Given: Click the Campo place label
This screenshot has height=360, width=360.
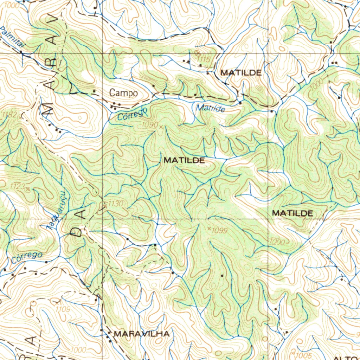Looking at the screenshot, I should [123, 93].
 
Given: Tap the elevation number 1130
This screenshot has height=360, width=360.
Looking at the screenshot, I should [116, 204].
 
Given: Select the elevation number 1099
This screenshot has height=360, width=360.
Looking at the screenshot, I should [220, 231].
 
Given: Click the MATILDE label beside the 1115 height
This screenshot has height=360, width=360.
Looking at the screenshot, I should [241, 73].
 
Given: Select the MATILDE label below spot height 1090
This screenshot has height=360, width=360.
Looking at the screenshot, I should [184, 160].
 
